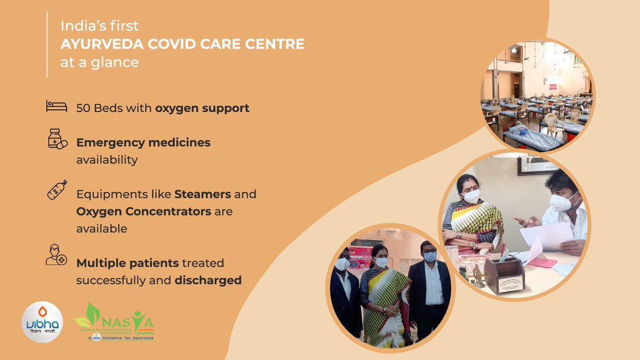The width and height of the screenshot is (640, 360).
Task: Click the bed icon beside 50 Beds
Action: point(56,106)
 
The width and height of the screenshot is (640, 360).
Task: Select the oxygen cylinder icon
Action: point(57,189)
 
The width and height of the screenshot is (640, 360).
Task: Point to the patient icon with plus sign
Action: point(56,254)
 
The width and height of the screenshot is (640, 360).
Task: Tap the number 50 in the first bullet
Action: point(83,108)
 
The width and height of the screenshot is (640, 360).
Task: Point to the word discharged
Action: point(208,280)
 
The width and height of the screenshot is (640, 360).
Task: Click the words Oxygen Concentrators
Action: point(144,211)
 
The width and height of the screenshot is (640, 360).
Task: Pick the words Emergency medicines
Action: point(143,142)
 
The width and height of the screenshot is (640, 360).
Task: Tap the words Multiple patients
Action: point(127,263)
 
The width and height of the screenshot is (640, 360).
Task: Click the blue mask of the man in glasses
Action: point(429,257)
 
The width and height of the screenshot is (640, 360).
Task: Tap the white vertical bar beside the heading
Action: point(47,45)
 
